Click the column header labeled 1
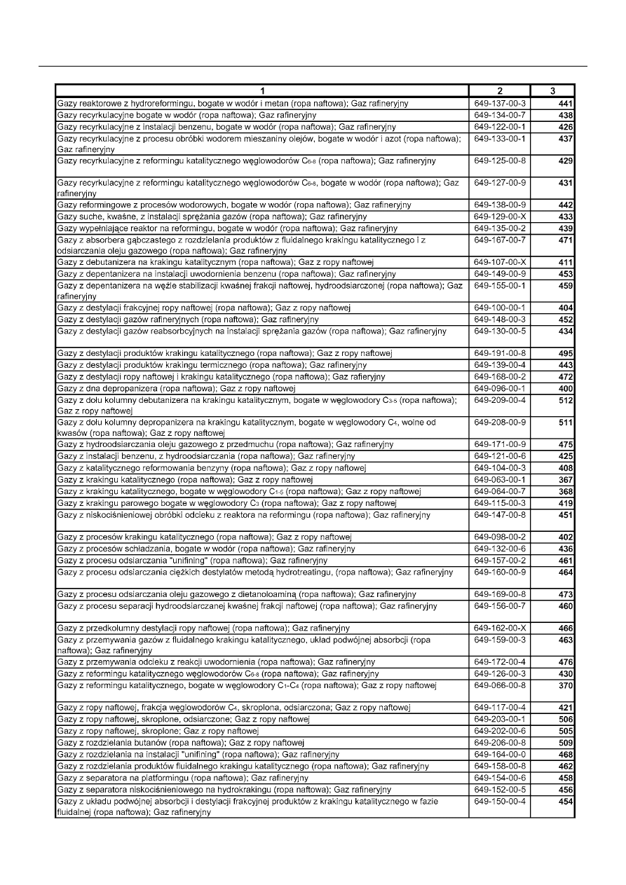(x=261, y=90)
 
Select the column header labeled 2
(x=499, y=90)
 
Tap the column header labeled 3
(x=552, y=90)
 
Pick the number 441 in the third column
(x=566, y=104)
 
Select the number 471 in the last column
(x=566, y=241)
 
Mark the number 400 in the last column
(x=566, y=388)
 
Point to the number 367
(x=566, y=479)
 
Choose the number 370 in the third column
(x=566, y=685)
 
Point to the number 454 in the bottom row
(x=566, y=801)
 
